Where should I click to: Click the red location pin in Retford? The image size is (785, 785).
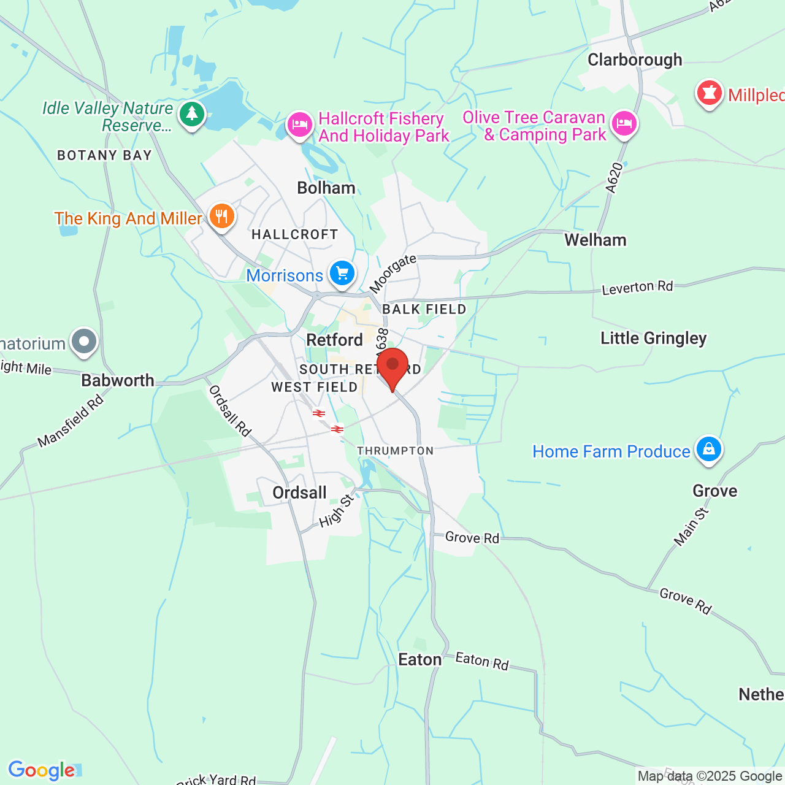[392, 366]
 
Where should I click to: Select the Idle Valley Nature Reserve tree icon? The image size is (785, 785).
[192, 113]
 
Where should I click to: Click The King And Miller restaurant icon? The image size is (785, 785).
[221, 216]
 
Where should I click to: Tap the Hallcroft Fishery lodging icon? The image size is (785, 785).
[299, 124]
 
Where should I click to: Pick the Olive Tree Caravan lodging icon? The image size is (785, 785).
[624, 123]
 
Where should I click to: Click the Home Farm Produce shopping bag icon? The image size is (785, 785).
[708, 450]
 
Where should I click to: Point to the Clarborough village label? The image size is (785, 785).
[635, 60]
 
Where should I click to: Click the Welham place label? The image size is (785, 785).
[595, 240]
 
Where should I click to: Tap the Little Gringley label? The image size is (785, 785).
[653, 338]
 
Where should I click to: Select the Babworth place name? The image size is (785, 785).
[118, 380]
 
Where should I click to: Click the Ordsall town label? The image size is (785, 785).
[299, 492]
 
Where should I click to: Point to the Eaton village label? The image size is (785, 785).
[420, 659]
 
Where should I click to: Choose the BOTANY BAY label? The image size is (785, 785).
[104, 155]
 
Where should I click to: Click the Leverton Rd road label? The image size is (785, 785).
[637, 288]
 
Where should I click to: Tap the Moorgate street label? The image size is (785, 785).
[393, 274]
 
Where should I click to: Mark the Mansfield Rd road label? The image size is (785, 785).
[71, 421]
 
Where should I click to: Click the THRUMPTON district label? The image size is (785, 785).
[396, 451]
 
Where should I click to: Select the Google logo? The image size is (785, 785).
[42, 770]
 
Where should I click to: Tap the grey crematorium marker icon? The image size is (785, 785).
[84, 342]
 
